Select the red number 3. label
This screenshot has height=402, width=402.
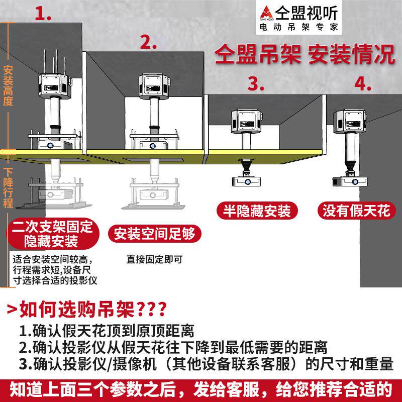pyautogui.click(x=256, y=83)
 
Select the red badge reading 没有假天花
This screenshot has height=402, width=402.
pyautogui.click(x=356, y=211)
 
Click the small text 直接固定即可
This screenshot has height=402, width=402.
pyautogui.click(x=154, y=259)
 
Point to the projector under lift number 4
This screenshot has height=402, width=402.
pyautogui.click(x=351, y=180)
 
